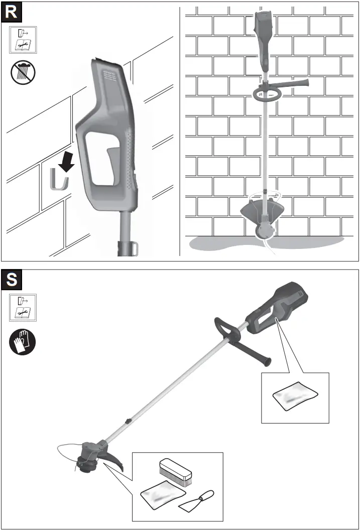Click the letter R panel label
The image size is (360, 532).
coord(12,13)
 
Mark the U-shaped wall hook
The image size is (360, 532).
coord(59,181)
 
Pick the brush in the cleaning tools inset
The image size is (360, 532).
coord(175,470)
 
